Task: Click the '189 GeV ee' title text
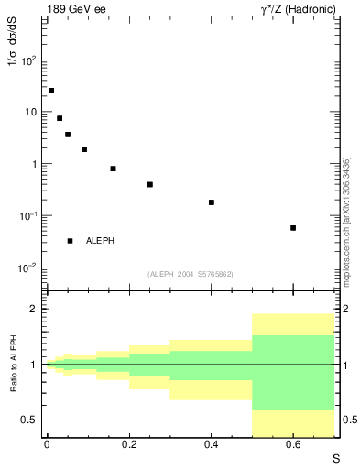pyautogui.click(x=75, y=8)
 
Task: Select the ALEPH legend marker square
pyautogui.click(x=70, y=241)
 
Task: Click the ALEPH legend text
pyautogui.click(x=100, y=241)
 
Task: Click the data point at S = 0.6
pyautogui.click(x=293, y=228)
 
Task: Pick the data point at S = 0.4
pyautogui.click(x=212, y=202)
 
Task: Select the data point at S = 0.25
pyautogui.click(x=150, y=184)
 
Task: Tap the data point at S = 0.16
pyautogui.click(x=113, y=169)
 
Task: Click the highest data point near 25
pyautogui.click(x=51, y=91)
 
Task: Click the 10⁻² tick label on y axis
pyautogui.click(x=28, y=267)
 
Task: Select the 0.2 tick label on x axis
pyautogui.click(x=128, y=444)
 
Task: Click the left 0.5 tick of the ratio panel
pyautogui.click(x=30, y=420)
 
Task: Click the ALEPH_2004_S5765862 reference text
pyautogui.click(x=191, y=274)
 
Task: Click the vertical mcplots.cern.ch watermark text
pyautogui.click(x=346, y=220)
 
